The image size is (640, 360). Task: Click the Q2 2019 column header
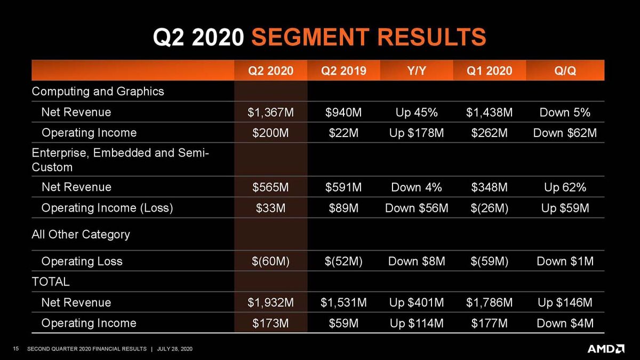[343, 71]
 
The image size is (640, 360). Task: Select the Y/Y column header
[417, 71]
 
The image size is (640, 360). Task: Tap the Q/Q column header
[565, 71]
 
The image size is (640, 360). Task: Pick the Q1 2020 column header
[490, 71]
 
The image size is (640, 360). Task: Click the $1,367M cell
[271, 113]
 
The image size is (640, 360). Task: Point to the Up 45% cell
[417, 113]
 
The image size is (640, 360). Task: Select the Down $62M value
[565, 133]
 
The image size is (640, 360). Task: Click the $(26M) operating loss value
[490, 207]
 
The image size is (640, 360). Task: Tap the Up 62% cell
[565, 187]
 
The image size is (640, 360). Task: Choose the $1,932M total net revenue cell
[271, 303]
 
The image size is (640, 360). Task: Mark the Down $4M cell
[565, 323]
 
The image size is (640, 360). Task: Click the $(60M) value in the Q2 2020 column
[271, 261]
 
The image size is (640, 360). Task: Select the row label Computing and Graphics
[98, 91]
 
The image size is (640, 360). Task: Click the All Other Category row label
[81, 234]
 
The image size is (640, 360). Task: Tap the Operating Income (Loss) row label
[107, 207]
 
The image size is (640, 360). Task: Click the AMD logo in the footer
[606, 349]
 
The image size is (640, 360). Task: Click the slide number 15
[15, 349]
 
